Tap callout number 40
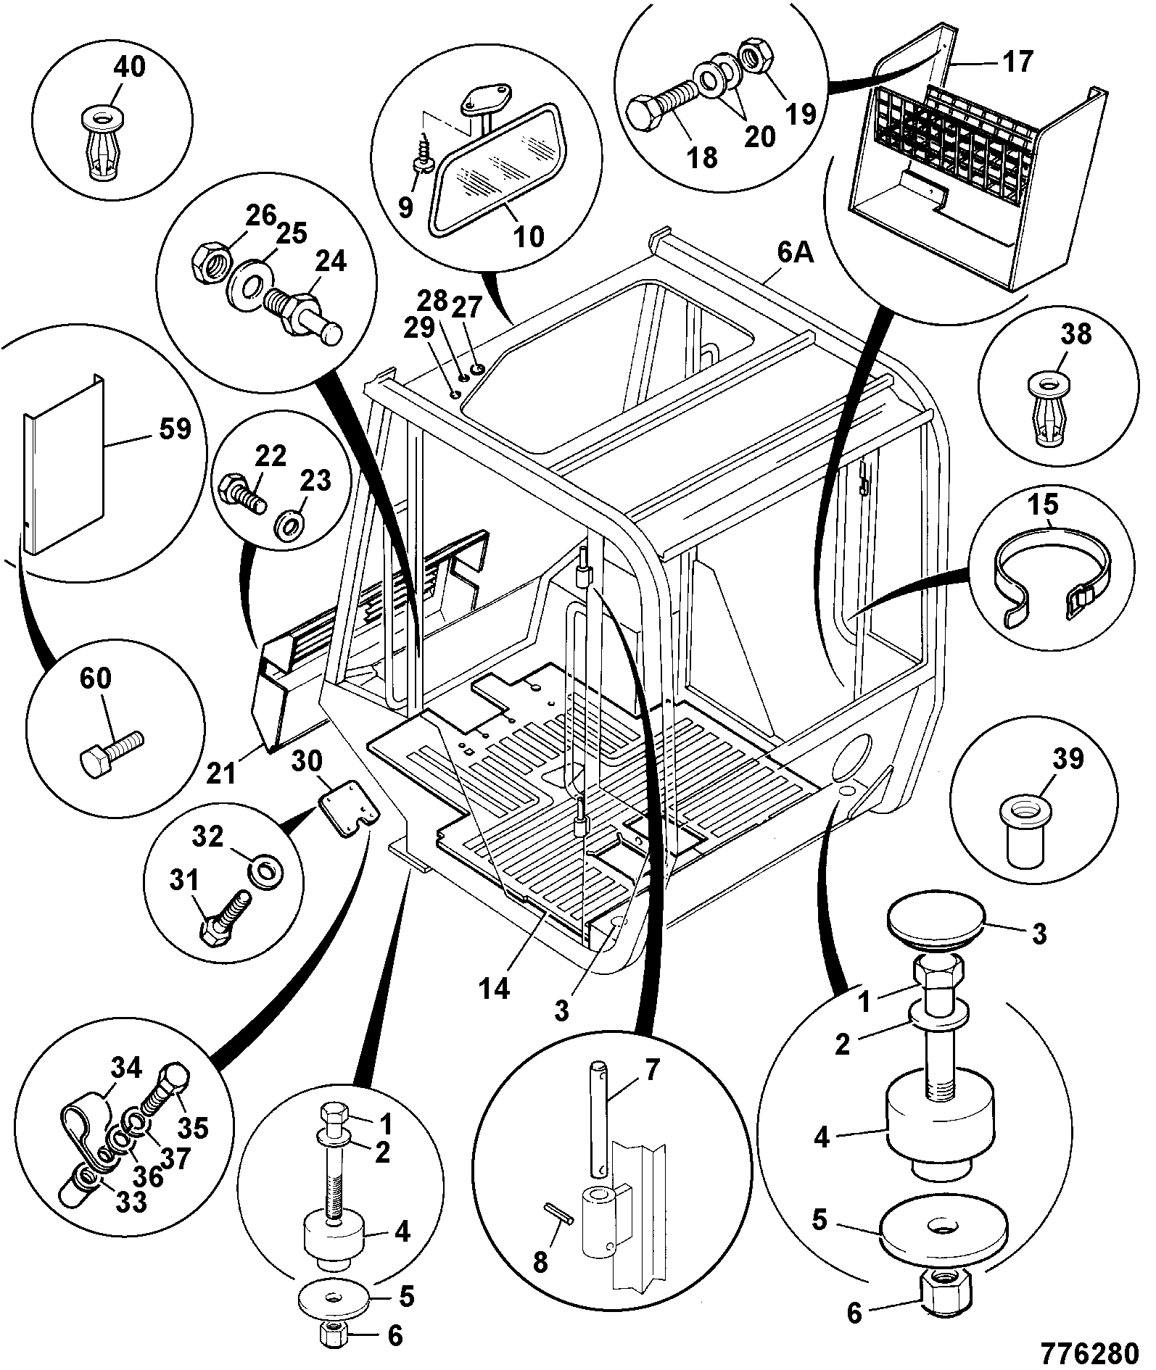point(129,67)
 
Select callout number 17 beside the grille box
point(1018,62)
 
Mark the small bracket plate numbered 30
point(347,809)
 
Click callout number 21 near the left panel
point(221,773)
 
